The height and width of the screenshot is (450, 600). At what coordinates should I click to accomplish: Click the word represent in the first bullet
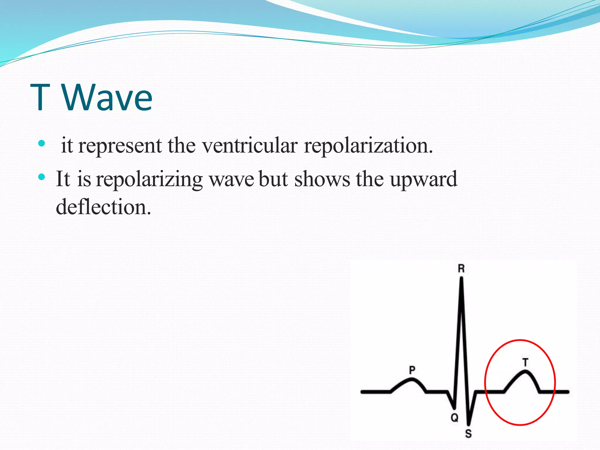pos(120,146)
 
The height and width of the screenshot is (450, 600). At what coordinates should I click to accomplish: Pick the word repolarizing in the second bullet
pos(149,179)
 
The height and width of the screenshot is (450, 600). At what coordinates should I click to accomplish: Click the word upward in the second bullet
pos(424,179)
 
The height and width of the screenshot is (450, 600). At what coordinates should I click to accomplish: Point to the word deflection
pos(103,207)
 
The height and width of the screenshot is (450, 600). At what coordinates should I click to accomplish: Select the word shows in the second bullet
pos(322,179)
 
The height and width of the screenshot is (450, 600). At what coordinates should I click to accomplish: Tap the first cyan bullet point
pos(42,144)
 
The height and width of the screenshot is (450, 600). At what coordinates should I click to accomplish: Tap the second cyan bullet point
pos(42,177)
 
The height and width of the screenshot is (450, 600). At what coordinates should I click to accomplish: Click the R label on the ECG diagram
pos(461,268)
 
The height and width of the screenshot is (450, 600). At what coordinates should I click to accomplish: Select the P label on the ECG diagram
pos(412,370)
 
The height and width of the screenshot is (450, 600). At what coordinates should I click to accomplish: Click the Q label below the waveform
pos(454,417)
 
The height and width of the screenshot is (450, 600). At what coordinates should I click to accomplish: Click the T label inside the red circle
pos(526,362)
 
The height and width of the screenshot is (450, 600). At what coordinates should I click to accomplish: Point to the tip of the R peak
pos(462,278)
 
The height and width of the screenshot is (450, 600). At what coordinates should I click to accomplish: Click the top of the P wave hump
pos(412,380)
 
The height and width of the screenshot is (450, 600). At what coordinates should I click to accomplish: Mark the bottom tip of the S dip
pos(468,424)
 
